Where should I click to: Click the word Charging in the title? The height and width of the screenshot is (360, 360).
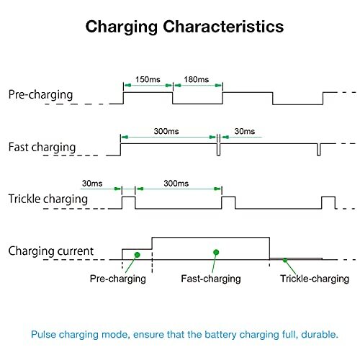[x=122, y=27]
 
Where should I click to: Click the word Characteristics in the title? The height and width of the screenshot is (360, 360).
[x=223, y=26]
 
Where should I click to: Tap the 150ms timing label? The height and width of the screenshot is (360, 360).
[x=148, y=79]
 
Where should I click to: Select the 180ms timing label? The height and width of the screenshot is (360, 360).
[x=197, y=79]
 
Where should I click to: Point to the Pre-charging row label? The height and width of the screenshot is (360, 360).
[x=40, y=95]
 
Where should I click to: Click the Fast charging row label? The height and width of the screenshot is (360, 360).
[x=42, y=148]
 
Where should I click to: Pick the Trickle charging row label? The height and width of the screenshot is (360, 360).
[x=48, y=199]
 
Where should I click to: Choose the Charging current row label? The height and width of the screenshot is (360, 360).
[x=51, y=251]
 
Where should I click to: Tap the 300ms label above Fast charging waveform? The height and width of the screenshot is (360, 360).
[x=166, y=131]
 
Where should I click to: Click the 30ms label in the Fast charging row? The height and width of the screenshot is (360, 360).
[x=245, y=131]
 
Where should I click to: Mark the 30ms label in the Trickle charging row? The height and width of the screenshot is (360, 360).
[x=92, y=184]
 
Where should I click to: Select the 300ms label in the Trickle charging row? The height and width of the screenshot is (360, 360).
[x=176, y=184]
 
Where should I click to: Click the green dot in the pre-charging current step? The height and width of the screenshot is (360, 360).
[x=138, y=255]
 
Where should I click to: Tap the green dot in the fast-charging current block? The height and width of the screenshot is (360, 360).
[x=216, y=252]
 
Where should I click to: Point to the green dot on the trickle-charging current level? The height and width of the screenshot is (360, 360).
[x=285, y=260]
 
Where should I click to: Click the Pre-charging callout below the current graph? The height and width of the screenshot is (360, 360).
[x=118, y=279]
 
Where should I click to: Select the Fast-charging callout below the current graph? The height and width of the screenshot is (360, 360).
[x=211, y=279]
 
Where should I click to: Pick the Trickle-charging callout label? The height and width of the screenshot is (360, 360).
[x=315, y=279]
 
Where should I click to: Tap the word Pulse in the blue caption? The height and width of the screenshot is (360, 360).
[x=43, y=334]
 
